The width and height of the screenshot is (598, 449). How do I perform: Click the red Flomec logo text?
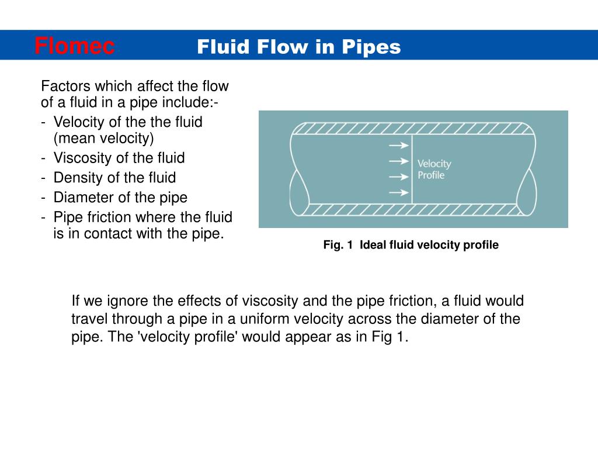pyautogui.click(x=74, y=45)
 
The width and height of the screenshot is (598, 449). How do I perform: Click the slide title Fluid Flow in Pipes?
pyautogui.click(x=298, y=47)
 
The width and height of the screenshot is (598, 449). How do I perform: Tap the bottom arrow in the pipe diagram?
pyautogui.click(x=399, y=192)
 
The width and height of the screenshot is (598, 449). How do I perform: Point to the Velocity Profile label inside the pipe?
pyautogui.click(x=434, y=170)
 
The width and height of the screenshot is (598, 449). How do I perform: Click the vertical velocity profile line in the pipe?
pyautogui.click(x=412, y=170)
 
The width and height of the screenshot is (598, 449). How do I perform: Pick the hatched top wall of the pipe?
pyautogui.click(x=413, y=129)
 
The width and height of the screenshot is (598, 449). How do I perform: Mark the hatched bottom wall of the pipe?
pyautogui.click(x=413, y=209)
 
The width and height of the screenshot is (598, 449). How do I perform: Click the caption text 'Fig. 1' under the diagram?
pyautogui.click(x=338, y=245)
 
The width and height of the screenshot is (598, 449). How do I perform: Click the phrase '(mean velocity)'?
pyautogui.click(x=103, y=139)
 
